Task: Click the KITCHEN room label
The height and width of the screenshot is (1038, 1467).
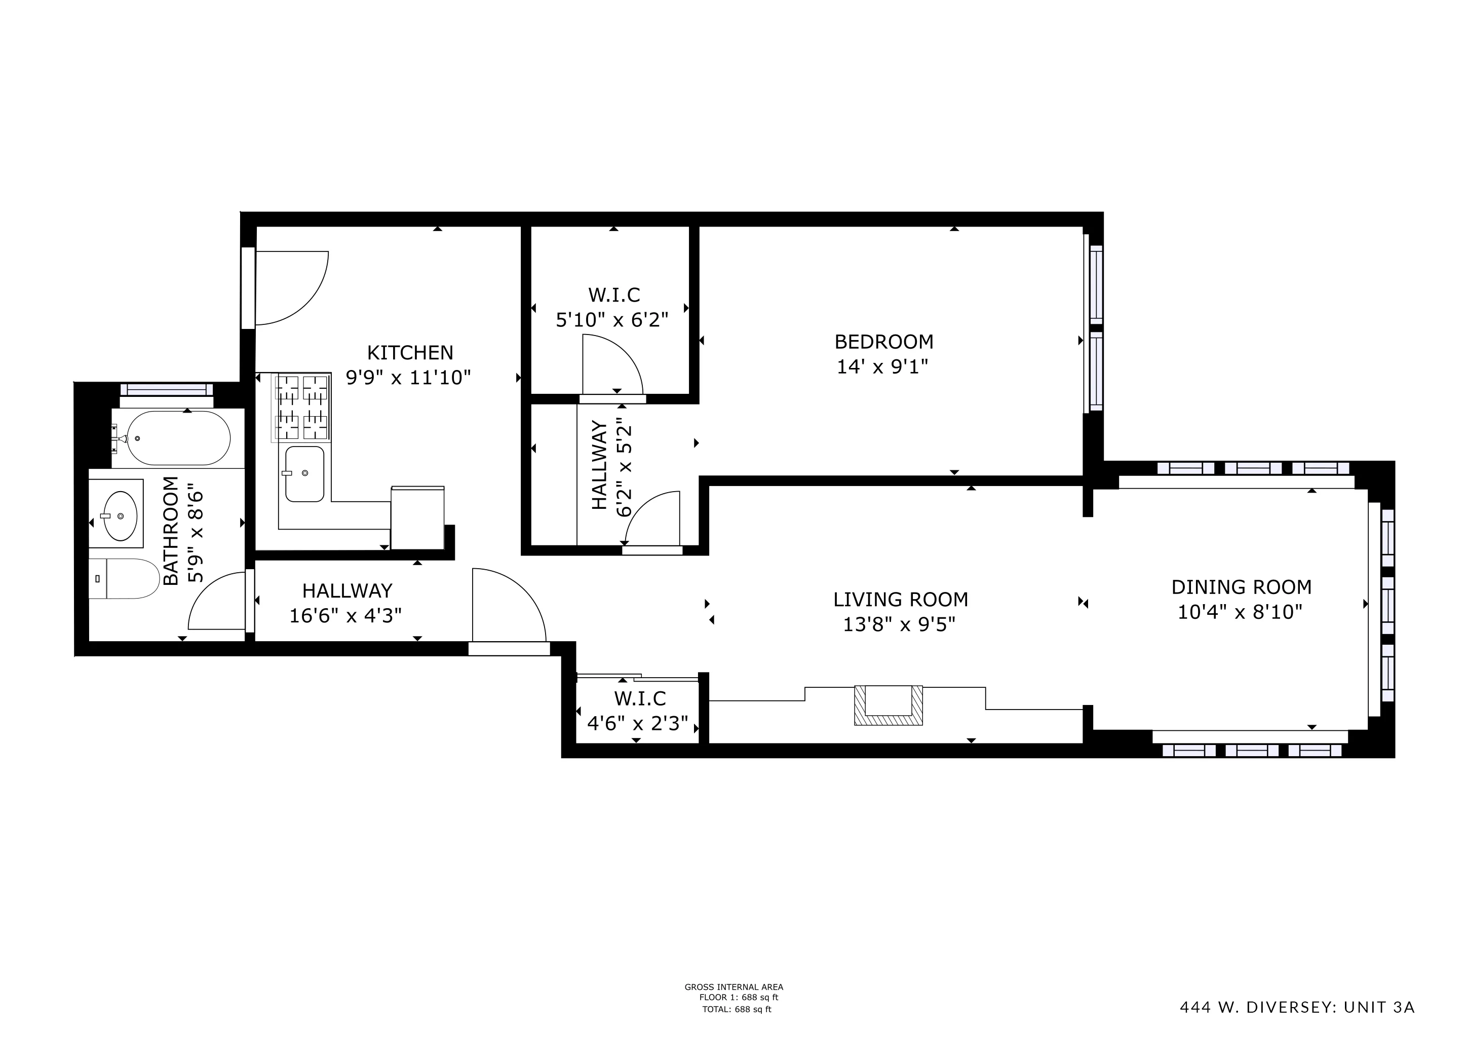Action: click(410, 352)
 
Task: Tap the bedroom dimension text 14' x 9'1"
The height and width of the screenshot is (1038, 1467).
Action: click(882, 367)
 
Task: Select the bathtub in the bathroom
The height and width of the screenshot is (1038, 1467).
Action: click(178, 438)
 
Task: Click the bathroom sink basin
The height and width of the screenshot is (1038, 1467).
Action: click(120, 516)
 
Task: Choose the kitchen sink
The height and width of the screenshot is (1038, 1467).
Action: click(304, 473)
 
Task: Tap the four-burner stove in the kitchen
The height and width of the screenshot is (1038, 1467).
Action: click(301, 407)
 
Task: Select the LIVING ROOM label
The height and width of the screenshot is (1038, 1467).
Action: click(900, 600)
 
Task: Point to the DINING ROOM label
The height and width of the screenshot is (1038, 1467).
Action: click(1242, 587)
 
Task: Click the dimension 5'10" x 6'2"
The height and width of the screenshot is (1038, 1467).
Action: click(612, 320)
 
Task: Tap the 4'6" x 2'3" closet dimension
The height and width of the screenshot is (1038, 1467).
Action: click(638, 724)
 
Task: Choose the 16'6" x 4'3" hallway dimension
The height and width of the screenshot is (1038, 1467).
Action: click(345, 615)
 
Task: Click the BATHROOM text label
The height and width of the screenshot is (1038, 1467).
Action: click(171, 531)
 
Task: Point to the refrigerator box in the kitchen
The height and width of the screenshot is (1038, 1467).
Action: click(417, 517)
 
